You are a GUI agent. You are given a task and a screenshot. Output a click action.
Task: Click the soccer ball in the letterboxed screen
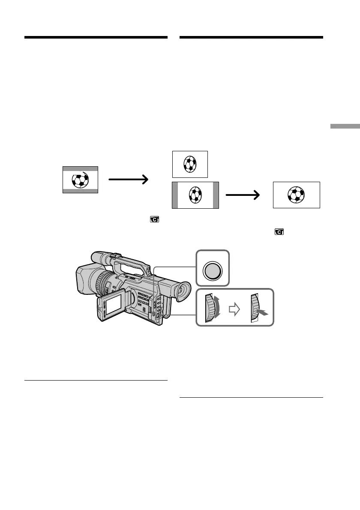(x=81, y=180)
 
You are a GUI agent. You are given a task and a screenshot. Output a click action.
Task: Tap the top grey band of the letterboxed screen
(x=81, y=169)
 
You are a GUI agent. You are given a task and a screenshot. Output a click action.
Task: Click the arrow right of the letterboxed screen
(x=129, y=180)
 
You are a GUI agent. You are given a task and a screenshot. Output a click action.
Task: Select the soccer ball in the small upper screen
(x=190, y=164)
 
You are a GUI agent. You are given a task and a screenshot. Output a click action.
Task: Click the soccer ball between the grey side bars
(x=195, y=195)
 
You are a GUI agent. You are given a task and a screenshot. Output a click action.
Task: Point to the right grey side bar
(x=216, y=195)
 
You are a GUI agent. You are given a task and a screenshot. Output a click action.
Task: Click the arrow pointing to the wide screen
(x=243, y=195)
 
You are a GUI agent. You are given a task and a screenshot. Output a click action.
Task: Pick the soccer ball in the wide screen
(x=296, y=195)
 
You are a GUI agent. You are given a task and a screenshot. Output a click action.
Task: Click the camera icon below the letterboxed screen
(x=154, y=220)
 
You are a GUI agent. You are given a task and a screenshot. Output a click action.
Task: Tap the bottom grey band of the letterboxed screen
(x=81, y=191)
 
